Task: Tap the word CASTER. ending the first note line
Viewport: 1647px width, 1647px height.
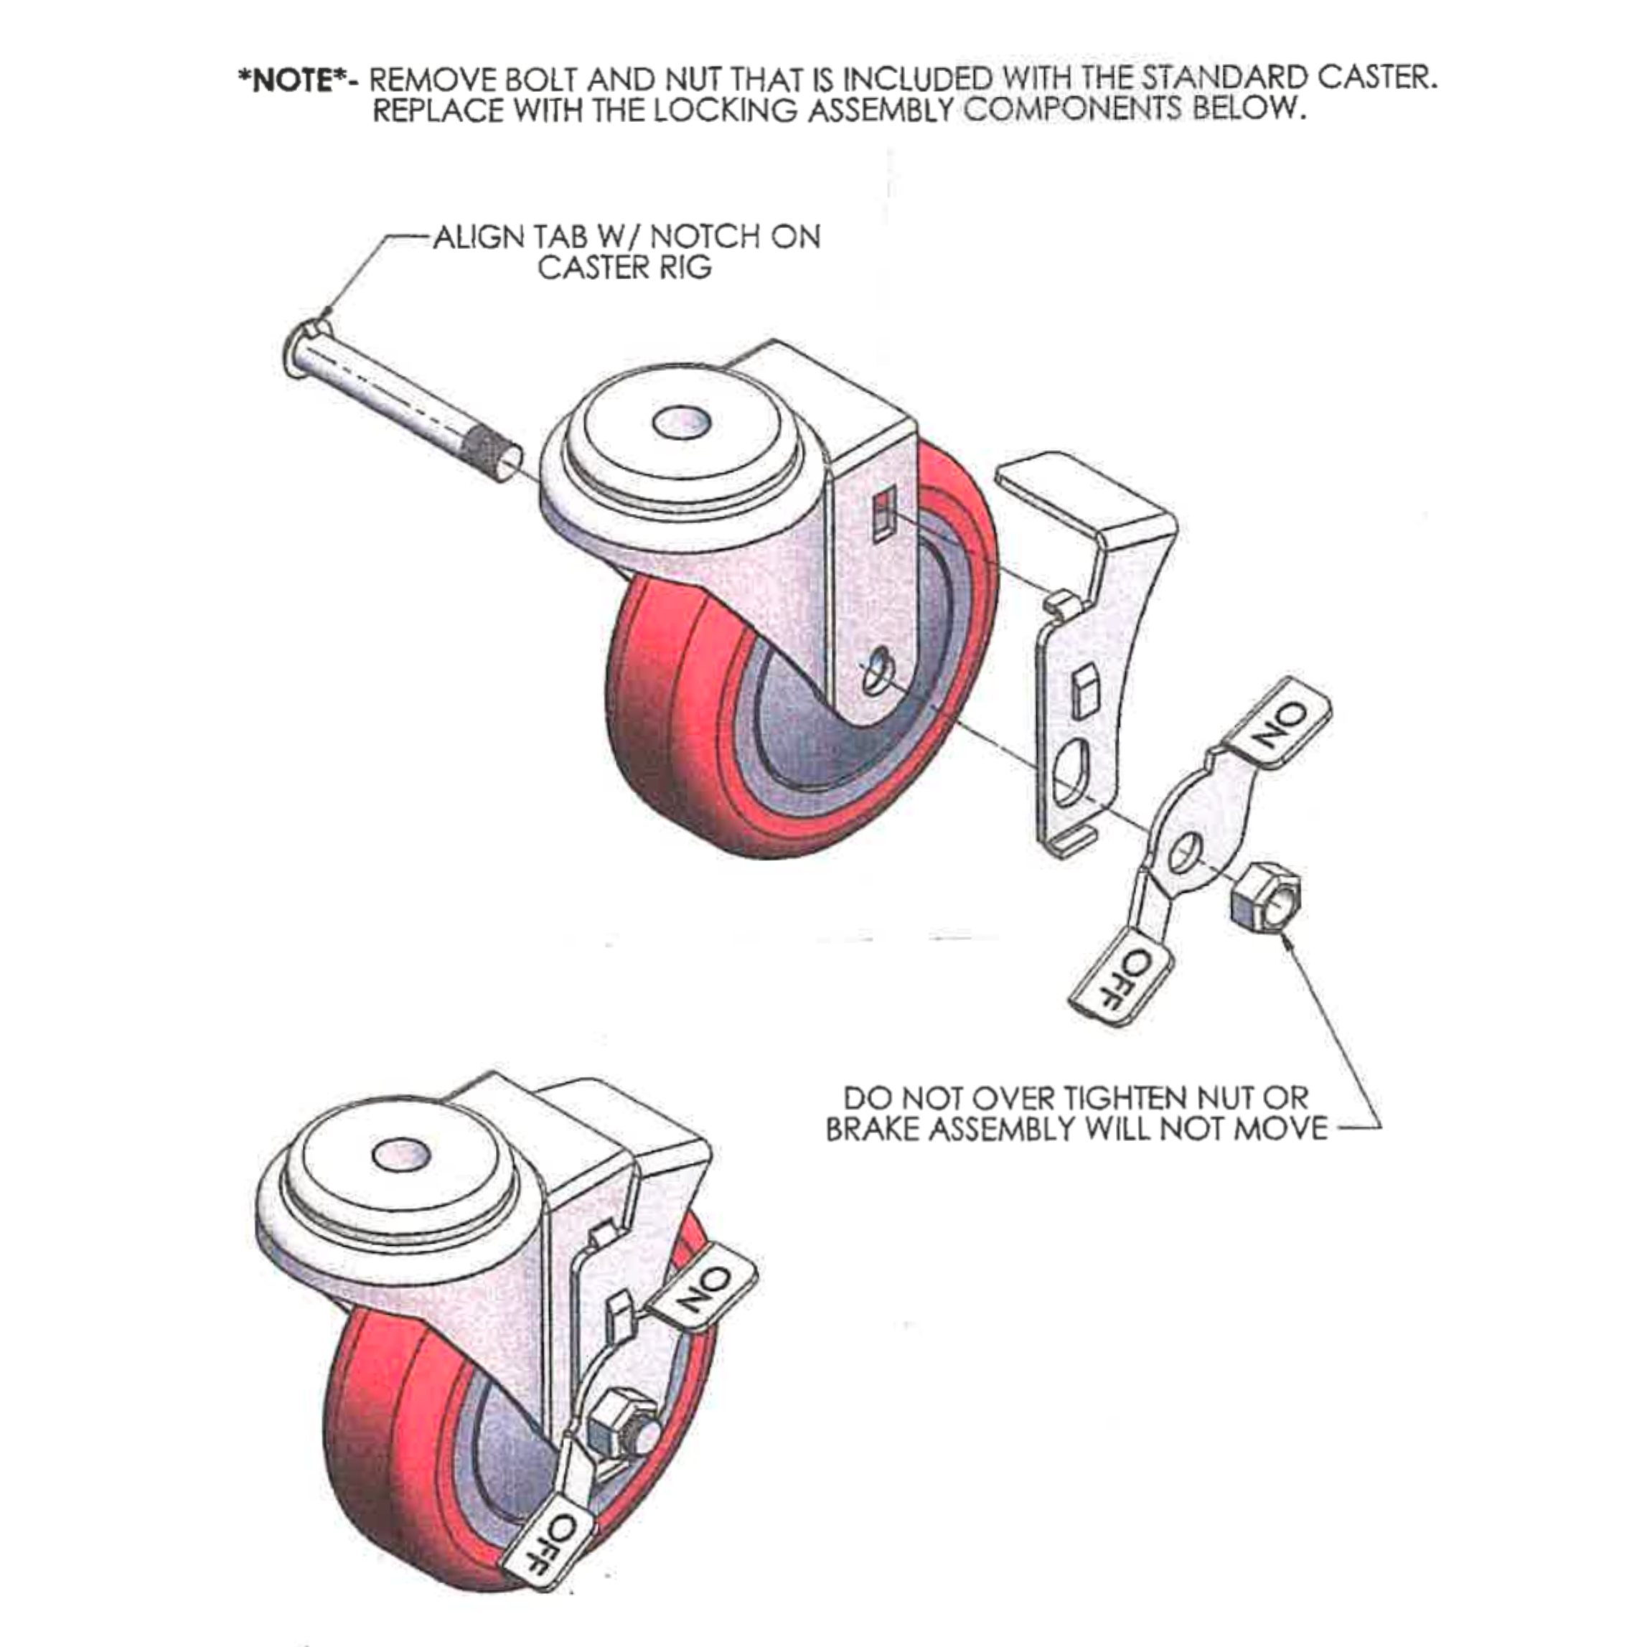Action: point(1376,78)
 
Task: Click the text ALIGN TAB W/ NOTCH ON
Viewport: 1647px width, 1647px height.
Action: point(627,236)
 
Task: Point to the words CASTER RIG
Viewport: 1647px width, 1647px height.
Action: point(624,268)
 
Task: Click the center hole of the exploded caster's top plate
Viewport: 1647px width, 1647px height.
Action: point(681,422)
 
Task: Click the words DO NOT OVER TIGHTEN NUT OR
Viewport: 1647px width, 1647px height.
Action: point(1075,1097)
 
